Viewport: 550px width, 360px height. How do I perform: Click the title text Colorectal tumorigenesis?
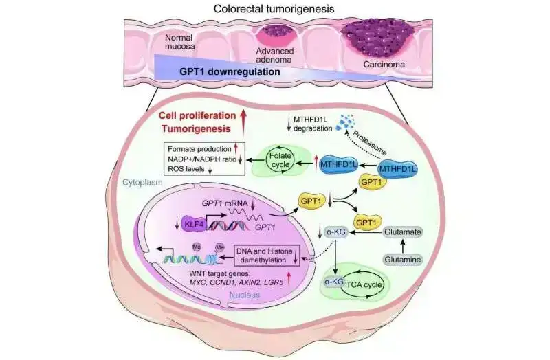(x=275, y=9)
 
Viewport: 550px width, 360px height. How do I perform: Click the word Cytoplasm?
(x=141, y=183)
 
